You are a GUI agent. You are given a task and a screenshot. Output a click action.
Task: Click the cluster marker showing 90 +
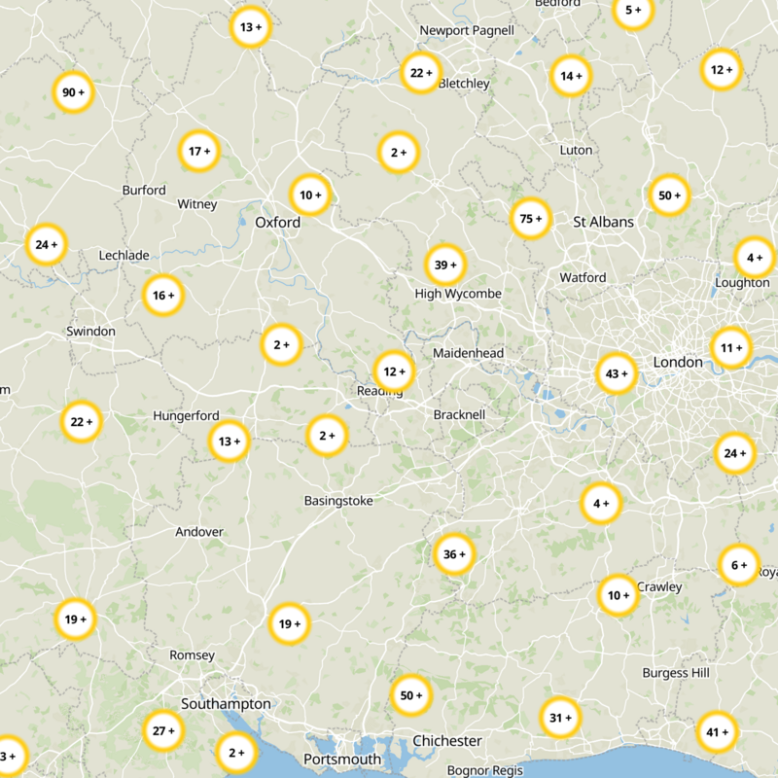point(73,92)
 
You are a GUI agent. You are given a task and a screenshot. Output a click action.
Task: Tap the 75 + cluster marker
point(531,219)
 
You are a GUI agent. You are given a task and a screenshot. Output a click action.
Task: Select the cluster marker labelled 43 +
point(617,373)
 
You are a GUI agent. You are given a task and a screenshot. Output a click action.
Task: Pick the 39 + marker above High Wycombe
point(445,265)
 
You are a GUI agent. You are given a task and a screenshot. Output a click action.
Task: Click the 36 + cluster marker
point(454,554)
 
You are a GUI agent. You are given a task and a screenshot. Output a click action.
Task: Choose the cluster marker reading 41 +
point(718,732)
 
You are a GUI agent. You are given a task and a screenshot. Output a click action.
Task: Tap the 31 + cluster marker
point(560,718)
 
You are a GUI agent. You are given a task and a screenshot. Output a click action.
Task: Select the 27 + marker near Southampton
point(163,730)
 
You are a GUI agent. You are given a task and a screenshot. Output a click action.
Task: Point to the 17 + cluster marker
point(199,151)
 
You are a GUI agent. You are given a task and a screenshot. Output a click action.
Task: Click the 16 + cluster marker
point(163,295)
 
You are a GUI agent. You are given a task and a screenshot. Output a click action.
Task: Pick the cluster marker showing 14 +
point(571,75)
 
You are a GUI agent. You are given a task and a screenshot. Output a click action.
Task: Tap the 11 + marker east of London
point(730,346)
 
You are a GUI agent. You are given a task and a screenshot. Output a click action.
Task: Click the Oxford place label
point(277,223)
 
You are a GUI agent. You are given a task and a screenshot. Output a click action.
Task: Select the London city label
point(678,362)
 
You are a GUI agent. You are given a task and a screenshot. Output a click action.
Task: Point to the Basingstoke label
point(338,501)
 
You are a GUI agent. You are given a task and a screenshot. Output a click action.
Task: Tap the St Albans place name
point(603,222)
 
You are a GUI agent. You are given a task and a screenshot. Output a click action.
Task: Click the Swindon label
point(90,331)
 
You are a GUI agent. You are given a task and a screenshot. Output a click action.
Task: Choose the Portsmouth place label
point(342,759)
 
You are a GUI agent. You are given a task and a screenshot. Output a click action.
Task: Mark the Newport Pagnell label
point(467,30)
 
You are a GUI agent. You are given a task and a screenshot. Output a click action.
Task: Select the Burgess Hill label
point(676,673)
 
